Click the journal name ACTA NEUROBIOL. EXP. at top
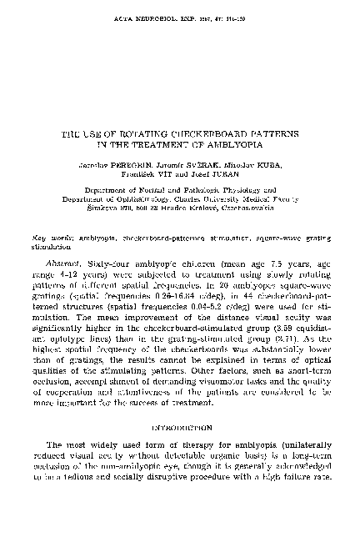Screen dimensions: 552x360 click(152, 14)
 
